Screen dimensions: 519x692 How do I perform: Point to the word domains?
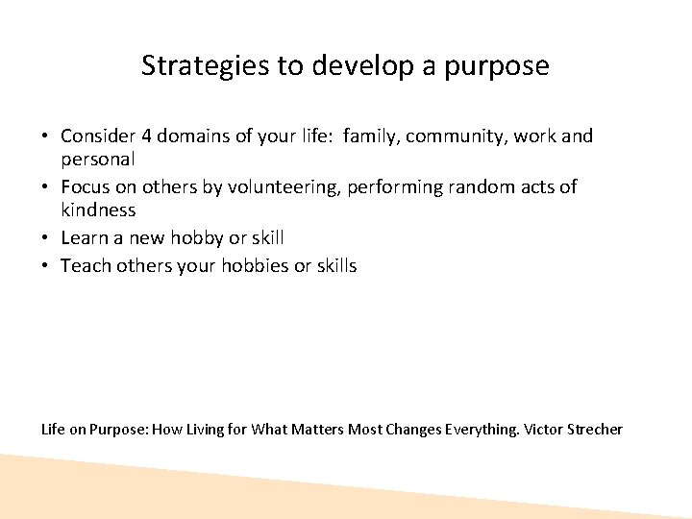click(x=192, y=136)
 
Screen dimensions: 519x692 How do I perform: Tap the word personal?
click(x=97, y=158)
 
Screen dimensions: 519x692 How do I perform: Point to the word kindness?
click(x=98, y=209)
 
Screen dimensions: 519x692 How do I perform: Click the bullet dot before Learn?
click(x=47, y=237)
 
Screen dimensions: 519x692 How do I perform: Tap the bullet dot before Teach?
click(x=47, y=266)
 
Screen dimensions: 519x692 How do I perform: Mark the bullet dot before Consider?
click(x=47, y=137)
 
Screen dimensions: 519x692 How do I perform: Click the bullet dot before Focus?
click(x=47, y=187)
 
